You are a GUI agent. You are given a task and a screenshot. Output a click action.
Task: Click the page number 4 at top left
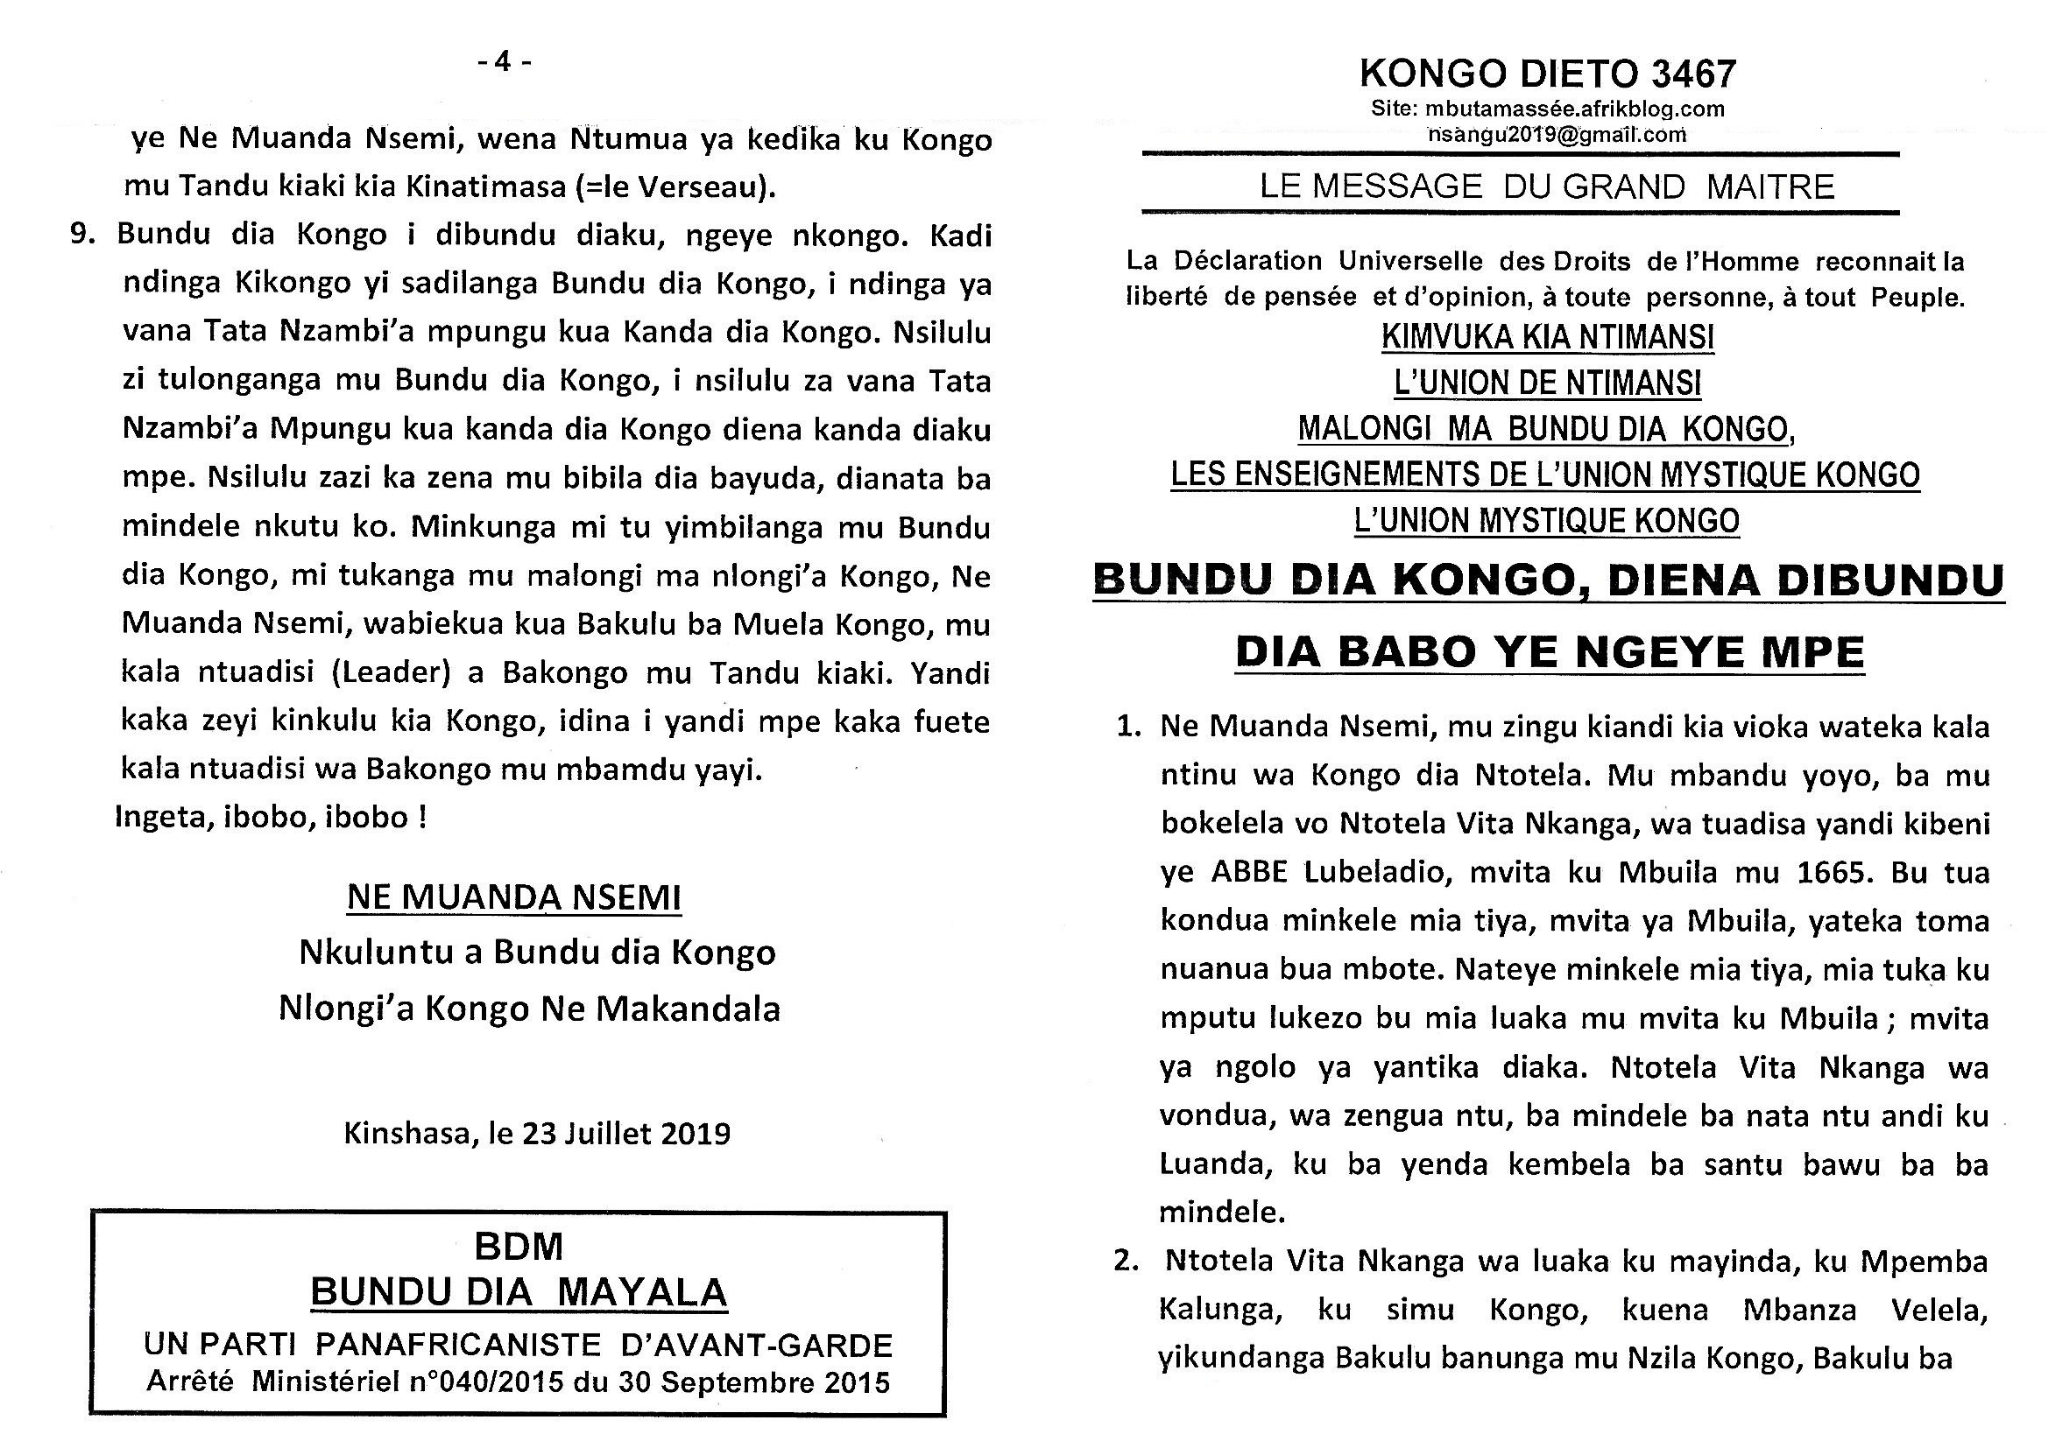coord(502,62)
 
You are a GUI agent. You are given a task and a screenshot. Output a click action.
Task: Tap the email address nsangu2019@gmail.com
coord(1557,134)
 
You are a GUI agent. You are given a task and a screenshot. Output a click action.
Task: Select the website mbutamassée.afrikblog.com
coord(1574,109)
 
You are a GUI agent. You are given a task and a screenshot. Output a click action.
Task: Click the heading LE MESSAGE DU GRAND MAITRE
coord(1547,187)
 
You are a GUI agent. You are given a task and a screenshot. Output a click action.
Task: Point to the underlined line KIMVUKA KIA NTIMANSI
coord(1547,337)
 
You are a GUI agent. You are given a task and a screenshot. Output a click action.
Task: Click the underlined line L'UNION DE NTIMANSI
coord(1547,383)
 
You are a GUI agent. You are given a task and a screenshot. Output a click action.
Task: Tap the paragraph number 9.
coord(84,234)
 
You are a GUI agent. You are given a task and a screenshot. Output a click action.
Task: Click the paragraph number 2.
coord(1127,1261)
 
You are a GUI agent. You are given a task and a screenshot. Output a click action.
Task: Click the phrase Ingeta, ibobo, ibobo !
coord(271,817)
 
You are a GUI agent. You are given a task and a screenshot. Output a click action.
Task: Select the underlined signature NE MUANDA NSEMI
coord(514,897)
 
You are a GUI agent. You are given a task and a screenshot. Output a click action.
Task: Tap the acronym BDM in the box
coord(518,1246)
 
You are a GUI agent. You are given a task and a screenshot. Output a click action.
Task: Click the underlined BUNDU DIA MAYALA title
coord(518,1292)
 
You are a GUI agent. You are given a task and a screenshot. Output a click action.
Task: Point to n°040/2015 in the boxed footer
coord(486,1382)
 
